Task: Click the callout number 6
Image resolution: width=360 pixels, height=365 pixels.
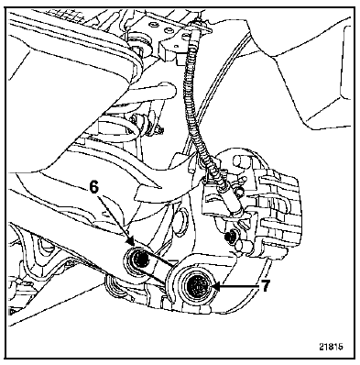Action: tap(94, 187)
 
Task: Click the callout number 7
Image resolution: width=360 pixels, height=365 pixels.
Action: tap(265, 286)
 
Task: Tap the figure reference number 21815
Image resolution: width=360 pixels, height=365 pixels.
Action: tap(332, 347)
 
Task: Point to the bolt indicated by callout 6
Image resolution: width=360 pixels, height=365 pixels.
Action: tap(140, 260)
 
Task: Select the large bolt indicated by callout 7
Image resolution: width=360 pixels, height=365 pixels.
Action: tap(197, 286)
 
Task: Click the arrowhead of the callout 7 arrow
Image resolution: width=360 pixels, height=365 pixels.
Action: tap(215, 286)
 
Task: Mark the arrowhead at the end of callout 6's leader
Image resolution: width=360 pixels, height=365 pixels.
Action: tap(130, 241)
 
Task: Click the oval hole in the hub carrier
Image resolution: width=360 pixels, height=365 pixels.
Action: tap(181, 221)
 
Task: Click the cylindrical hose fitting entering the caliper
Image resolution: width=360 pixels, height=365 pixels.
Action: tap(233, 205)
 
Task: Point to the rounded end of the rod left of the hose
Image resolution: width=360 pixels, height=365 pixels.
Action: tap(169, 90)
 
